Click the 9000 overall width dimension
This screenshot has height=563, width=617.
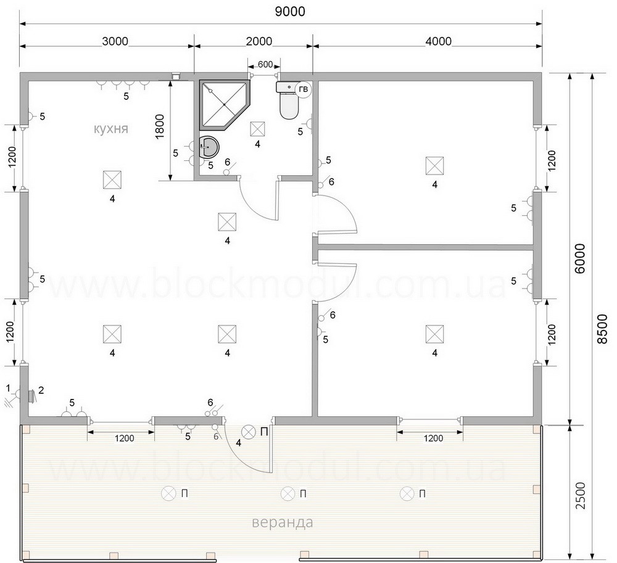(x=290, y=11)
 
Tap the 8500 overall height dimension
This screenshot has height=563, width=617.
(x=602, y=329)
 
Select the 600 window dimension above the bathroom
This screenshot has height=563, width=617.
(x=265, y=64)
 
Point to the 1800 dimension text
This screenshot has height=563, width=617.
(x=160, y=127)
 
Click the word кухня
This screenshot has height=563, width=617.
(x=111, y=129)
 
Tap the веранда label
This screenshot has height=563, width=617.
(x=282, y=522)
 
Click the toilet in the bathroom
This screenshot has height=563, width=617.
(x=290, y=101)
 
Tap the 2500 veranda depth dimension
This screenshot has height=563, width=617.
(x=581, y=495)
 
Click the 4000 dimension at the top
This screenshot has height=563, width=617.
(x=439, y=41)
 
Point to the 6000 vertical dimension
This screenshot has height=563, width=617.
(x=579, y=258)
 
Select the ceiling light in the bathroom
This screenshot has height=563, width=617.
(x=257, y=129)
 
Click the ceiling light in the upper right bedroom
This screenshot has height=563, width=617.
(x=434, y=165)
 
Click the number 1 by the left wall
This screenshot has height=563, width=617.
(x=8, y=388)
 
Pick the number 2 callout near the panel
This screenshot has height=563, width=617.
(x=41, y=390)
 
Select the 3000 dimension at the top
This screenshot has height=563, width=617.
(x=115, y=41)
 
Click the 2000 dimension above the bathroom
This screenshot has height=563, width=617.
(x=259, y=41)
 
